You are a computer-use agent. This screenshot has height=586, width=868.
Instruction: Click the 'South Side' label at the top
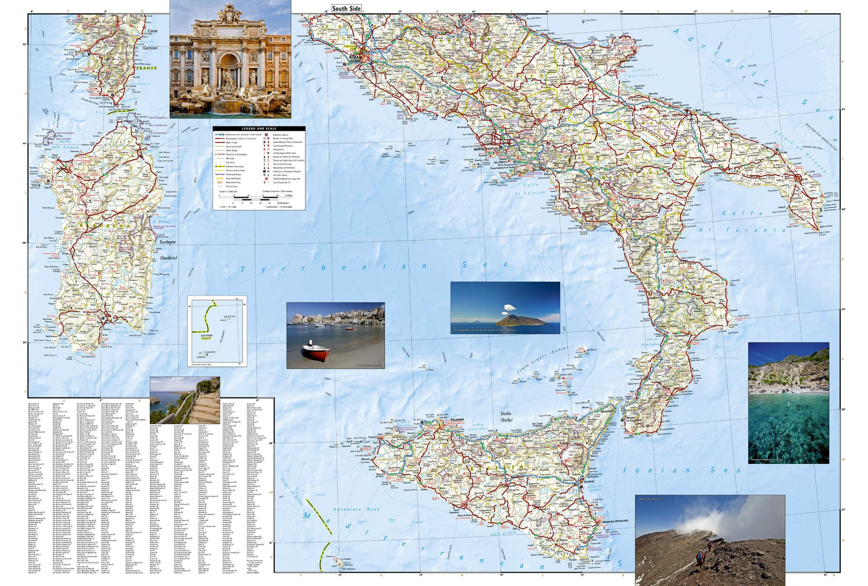(x=346, y=9)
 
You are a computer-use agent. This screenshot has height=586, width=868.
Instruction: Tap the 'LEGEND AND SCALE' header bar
(x=259, y=128)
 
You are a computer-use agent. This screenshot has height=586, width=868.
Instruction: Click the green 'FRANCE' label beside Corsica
(x=146, y=68)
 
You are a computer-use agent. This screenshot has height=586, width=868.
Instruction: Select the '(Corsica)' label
(x=149, y=49)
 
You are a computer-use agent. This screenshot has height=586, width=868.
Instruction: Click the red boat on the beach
(x=315, y=352)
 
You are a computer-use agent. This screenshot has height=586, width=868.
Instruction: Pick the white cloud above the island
(x=509, y=307)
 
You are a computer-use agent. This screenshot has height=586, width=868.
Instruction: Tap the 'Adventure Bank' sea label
(x=356, y=510)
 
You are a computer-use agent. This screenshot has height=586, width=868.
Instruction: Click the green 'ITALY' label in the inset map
(x=207, y=338)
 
